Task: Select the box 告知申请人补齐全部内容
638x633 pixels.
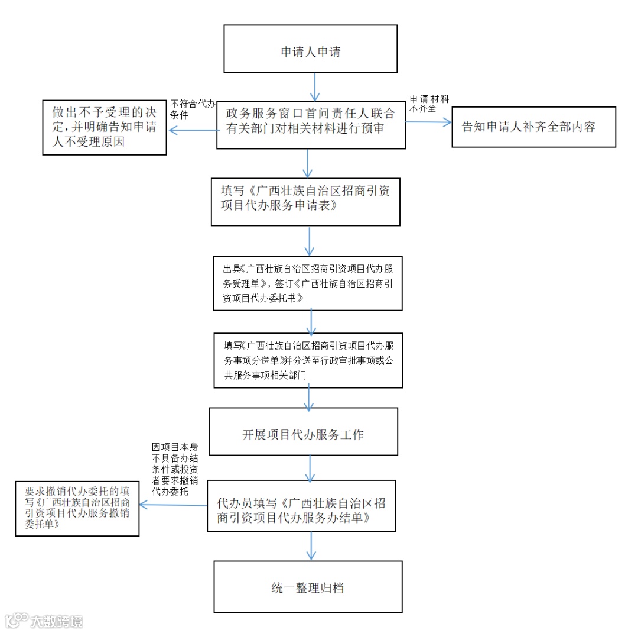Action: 533,127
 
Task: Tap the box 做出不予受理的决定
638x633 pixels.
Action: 105,127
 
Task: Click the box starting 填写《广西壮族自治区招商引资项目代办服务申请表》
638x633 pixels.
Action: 305,201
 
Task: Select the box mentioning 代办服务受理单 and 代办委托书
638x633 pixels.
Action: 308,283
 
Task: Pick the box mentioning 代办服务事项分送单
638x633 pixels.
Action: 308,360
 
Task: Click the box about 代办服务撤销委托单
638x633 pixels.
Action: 77,508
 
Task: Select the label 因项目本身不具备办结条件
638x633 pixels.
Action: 175,467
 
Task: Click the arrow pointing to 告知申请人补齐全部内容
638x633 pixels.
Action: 428,122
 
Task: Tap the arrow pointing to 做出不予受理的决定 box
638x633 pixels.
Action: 193,131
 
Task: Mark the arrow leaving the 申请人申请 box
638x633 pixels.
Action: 314,86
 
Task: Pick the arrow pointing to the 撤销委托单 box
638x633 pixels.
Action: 172,505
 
